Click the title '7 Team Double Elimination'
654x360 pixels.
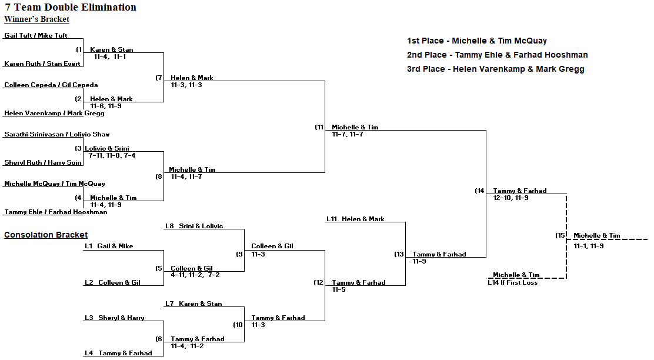tap(71, 8)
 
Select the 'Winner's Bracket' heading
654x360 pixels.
tap(36, 19)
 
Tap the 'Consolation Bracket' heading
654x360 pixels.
tap(46, 235)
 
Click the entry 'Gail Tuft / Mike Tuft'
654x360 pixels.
tap(36, 36)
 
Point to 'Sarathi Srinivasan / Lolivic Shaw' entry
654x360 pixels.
tap(57, 135)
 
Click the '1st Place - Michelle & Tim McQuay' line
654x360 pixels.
tap(476, 41)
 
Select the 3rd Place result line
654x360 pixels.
tap(495, 69)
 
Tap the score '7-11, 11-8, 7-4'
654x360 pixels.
tap(112, 156)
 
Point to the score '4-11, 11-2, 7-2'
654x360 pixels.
tap(195, 275)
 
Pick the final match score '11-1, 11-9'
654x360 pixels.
tap(589, 246)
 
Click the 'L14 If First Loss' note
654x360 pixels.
tap(512, 283)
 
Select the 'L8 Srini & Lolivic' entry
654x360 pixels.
tap(194, 226)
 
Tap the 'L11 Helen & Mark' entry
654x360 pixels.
tap(355, 219)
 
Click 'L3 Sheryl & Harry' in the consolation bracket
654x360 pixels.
tap(114, 318)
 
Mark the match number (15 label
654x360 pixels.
tap(560, 236)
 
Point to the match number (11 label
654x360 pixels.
tap(319, 128)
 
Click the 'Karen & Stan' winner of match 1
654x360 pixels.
tap(111, 50)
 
